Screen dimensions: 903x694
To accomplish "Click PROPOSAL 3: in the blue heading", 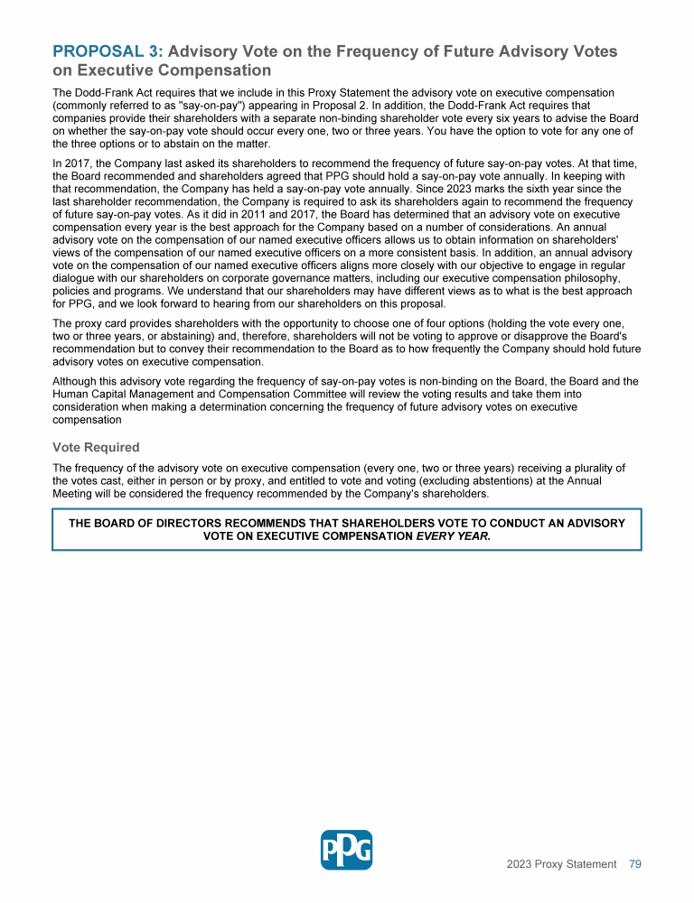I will [108, 51].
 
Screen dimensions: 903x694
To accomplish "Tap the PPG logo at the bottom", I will [346, 849].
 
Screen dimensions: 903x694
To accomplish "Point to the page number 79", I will [635, 864].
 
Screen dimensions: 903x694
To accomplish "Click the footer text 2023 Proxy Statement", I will [561, 864].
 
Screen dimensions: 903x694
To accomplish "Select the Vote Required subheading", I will [96, 447].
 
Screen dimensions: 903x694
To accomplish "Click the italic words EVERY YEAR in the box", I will [453, 535].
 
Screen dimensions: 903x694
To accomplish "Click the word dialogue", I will [76, 279].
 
